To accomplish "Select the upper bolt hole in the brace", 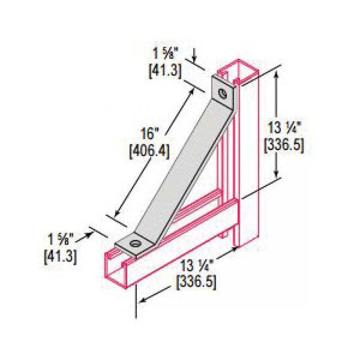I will click(224, 93).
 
